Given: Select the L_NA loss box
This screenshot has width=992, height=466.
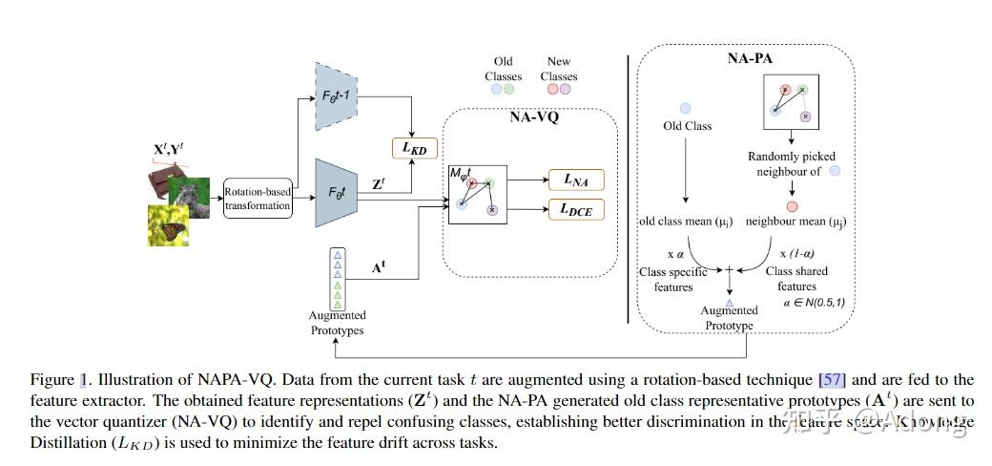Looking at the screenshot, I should coord(575,179).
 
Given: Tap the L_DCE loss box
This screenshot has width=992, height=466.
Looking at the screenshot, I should coord(575,207).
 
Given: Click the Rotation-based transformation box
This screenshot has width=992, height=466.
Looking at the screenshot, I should coord(258,200).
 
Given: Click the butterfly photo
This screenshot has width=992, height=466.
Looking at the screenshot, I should coord(167,225).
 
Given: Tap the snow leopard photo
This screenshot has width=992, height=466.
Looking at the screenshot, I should coord(190,198).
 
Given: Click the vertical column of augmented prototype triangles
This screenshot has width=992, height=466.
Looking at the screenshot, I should coord(335,278).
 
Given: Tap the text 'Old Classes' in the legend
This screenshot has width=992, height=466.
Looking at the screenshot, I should coord(503,69).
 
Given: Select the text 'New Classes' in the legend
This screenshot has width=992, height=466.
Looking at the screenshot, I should coord(559,69).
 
